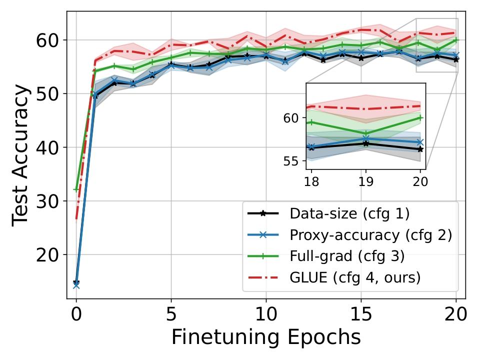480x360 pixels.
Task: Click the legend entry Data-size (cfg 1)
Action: [x=349, y=214]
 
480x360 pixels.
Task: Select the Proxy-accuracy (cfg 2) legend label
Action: [x=370, y=235]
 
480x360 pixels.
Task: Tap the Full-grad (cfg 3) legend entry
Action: [x=346, y=256]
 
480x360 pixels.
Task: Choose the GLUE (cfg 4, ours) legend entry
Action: [x=354, y=277]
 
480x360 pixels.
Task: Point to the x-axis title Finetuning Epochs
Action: [x=266, y=337]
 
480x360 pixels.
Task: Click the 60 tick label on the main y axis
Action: [x=48, y=40]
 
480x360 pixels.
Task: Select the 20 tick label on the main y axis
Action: [x=48, y=255]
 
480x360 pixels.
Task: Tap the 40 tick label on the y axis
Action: [x=48, y=147]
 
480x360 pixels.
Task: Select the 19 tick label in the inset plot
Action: [x=365, y=180]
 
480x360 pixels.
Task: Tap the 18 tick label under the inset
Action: [x=311, y=180]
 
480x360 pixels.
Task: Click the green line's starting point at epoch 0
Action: [x=76, y=189]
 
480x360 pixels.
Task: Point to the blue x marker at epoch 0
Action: [x=76, y=285]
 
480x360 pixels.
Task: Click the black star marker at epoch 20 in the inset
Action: [x=420, y=149]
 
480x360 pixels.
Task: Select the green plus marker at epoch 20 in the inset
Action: [x=420, y=118]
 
